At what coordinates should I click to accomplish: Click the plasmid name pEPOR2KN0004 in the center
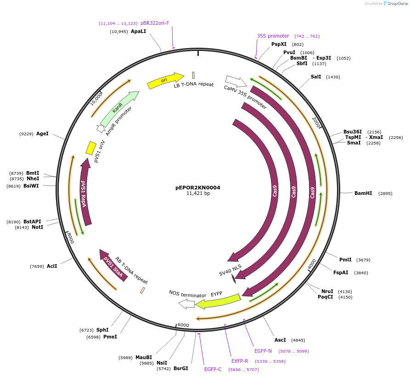pos(198,188)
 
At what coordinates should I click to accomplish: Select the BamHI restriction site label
pos(363,194)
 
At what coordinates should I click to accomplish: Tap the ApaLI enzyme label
pos(138,32)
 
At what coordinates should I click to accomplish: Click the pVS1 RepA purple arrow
pos(84,193)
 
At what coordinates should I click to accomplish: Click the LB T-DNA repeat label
pos(193,85)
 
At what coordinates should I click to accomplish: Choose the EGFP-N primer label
pos(263,351)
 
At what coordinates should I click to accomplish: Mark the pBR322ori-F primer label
pos(155,23)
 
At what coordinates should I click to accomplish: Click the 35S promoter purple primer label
pos(273,36)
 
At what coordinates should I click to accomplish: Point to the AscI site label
pos(280,340)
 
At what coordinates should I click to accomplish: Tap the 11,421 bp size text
pos(198,194)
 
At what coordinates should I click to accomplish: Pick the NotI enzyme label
pos(37,227)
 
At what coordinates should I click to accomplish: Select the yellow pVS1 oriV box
pos(91,148)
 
